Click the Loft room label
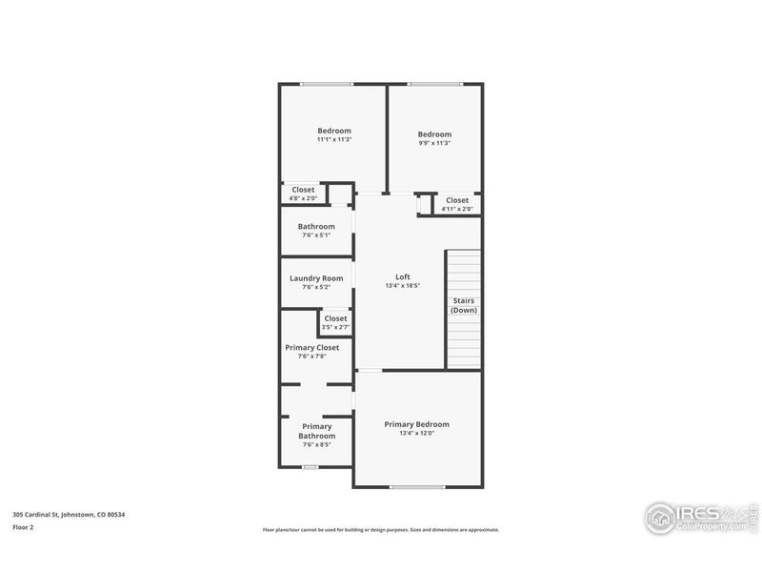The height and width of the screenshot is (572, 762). tap(402, 277)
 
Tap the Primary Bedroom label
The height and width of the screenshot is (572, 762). tap(416, 424)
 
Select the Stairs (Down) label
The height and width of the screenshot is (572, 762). tap(464, 305)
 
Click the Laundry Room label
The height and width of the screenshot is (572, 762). tap(315, 278)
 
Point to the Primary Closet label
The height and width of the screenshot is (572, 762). tap(312, 348)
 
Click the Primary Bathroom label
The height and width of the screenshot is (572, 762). tap(317, 431)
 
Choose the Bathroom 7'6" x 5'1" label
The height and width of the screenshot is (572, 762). tap(315, 227)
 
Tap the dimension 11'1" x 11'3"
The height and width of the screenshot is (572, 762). tap(334, 140)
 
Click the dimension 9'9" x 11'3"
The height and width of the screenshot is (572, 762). tap(434, 143)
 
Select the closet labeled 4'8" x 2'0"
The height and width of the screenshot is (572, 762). tap(303, 199)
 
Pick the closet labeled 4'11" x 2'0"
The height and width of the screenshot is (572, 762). tap(457, 209)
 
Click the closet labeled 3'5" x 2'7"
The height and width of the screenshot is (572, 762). tap(335, 327)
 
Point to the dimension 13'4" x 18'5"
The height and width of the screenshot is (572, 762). tap(402, 285)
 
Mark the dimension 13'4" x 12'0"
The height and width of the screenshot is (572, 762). tap(416, 433)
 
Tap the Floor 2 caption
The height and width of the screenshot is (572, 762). tap(23, 526)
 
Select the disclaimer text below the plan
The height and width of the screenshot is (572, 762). tap(381, 530)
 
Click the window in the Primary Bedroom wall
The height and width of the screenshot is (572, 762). tap(417, 487)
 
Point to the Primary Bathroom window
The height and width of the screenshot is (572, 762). tap(309, 467)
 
